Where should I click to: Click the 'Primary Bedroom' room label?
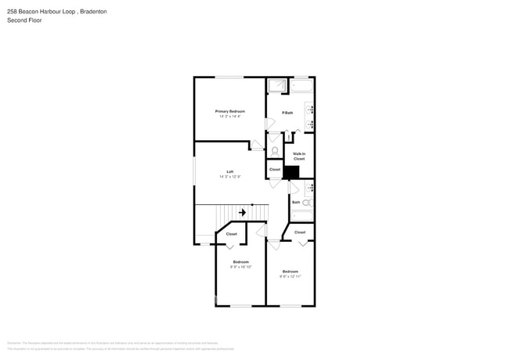pos(229,111)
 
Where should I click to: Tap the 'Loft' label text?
pos(229,171)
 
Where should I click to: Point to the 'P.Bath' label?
pos(287,113)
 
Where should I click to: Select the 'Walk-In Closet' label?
pos(299,156)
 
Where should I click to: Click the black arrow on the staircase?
pos(243,212)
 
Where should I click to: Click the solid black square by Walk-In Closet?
pos(291,172)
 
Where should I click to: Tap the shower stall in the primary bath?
pos(277,85)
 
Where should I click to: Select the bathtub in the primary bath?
pos(302,85)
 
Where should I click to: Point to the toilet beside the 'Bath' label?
pos(306,203)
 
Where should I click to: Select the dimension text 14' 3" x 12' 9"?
pos(229,177)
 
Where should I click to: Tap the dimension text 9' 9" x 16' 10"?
pos(240,267)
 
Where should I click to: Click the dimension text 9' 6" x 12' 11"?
pos(290,276)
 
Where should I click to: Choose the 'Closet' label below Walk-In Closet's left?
pos(275,169)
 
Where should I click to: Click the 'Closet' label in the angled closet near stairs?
pos(232,234)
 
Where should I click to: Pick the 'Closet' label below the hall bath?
pos(300,232)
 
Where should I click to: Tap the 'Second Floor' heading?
pos(24,20)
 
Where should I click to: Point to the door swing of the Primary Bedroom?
pos(256,146)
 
